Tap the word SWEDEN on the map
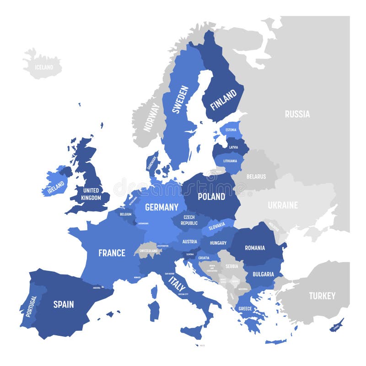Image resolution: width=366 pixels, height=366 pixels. [180, 99]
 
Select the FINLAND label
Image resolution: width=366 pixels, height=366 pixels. [223, 99]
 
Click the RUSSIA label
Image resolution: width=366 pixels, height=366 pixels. [297, 114]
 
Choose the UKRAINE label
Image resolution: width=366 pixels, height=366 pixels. [283, 205]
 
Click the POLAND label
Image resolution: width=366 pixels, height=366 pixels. [211, 196]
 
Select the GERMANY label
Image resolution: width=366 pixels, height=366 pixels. [161, 207]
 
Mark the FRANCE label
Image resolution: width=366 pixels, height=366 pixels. [112, 253]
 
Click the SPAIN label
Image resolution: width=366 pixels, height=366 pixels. [64, 304]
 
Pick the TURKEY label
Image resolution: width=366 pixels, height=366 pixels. [322, 296]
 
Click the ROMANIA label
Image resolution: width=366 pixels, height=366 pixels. [255, 248]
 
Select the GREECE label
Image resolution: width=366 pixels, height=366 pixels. [245, 308]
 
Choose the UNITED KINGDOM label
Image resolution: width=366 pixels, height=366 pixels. [91, 194]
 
